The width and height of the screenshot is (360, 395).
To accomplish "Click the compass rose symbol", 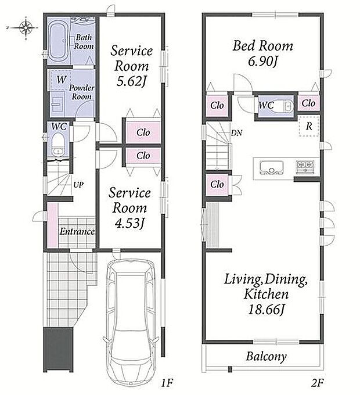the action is pos(26,28).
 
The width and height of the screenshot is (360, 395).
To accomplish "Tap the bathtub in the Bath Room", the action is pos(59,42).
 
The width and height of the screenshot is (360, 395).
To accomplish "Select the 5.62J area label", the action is pos(131,82).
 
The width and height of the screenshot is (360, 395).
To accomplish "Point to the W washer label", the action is pos(61,80).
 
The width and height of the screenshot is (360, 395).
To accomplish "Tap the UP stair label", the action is pos(78,185).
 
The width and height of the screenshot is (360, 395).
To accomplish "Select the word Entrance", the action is pos(77,232).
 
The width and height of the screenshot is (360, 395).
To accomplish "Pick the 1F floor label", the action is pos(167,383).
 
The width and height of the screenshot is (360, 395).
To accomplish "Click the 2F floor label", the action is pos(317,383).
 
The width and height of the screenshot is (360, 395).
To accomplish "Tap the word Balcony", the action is pos(266,357).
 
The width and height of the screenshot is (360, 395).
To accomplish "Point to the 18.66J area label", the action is pos(266,310).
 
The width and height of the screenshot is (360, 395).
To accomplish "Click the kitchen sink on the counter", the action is pos(271,167).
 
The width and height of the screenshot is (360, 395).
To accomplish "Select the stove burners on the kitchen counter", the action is pos(305,167).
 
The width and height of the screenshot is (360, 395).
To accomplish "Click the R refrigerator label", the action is pos(309,126).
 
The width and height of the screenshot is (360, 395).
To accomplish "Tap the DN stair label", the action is pos(237,133).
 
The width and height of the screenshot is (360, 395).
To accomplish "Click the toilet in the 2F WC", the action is pos(283,106).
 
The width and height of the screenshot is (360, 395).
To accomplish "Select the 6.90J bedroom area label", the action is pos(262,61).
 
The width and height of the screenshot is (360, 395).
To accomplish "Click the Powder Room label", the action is pos(81,92).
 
